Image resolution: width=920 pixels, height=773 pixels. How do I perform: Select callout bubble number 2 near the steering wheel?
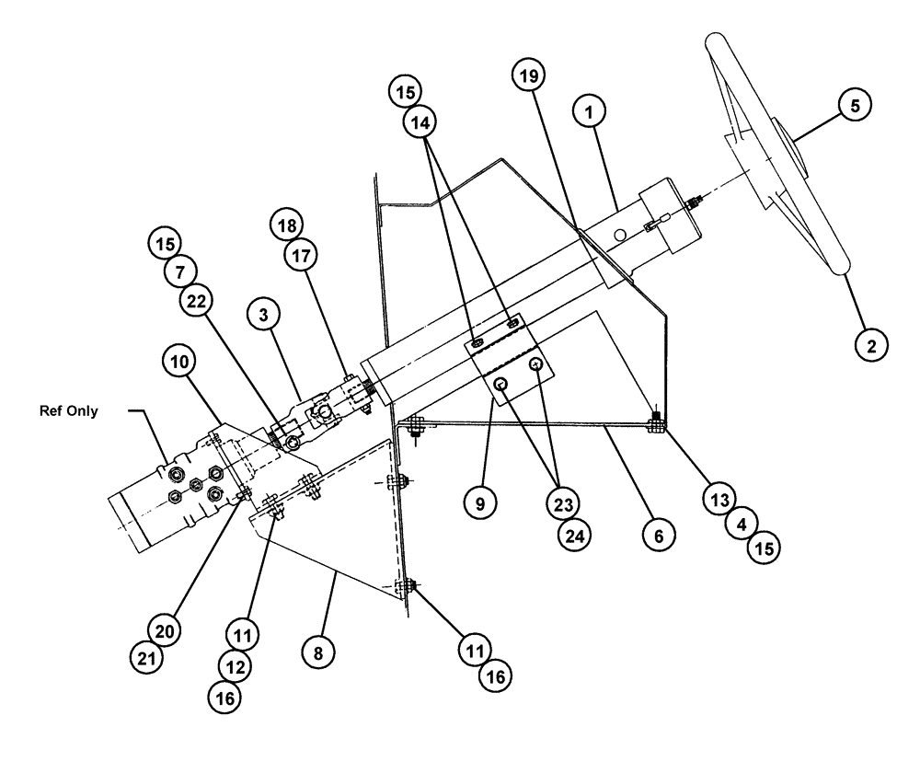871,345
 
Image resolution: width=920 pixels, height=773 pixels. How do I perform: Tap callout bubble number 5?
855,106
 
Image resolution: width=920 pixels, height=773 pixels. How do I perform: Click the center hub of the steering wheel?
785,150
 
